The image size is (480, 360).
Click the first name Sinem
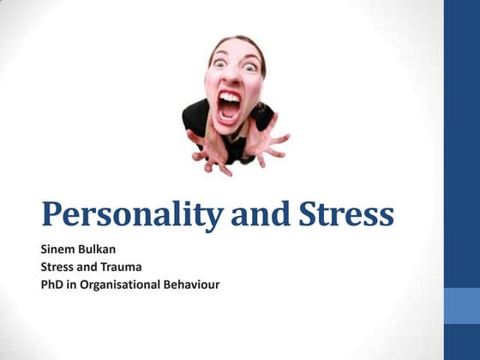pyautogui.click(x=57, y=249)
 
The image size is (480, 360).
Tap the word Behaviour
pyautogui.click(x=190, y=284)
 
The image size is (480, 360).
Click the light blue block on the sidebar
pyautogui.click(x=461, y=305)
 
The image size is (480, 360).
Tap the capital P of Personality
pyautogui.click(x=52, y=213)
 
